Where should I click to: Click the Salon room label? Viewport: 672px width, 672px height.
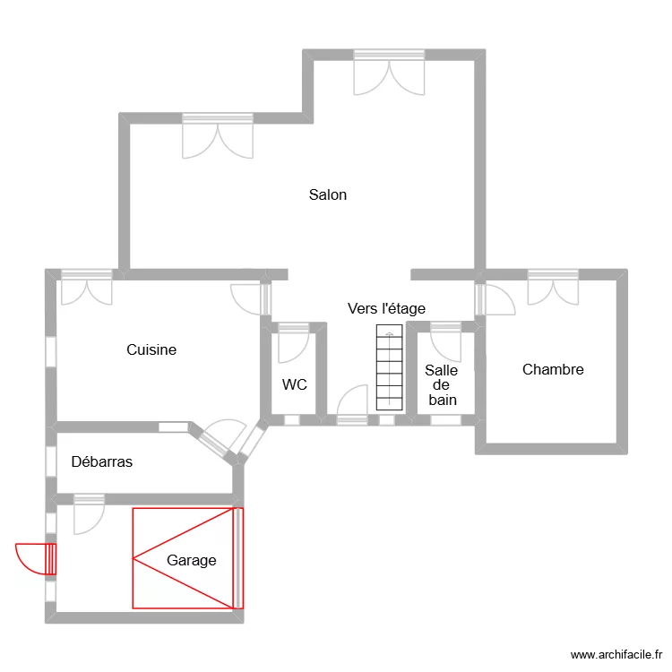[x=327, y=194]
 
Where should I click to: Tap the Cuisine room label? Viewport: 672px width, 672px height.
[x=151, y=350]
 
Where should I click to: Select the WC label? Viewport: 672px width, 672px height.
[x=294, y=384]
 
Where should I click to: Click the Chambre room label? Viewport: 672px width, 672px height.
[x=553, y=369]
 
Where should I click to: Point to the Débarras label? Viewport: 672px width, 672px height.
[x=102, y=462]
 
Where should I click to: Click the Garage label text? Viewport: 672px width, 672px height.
[x=191, y=560]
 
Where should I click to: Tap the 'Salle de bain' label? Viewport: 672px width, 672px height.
[x=442, y=384]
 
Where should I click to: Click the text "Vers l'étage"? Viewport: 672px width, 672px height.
[x=386, y=308]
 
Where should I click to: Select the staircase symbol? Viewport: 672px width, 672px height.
[x=390, y=369]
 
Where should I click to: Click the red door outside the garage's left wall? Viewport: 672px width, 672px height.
[x=36, y=558]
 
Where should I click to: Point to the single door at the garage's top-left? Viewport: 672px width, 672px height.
[x=89, y=515]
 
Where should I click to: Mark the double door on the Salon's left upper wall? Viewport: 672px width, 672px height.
[x=218, y=137]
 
